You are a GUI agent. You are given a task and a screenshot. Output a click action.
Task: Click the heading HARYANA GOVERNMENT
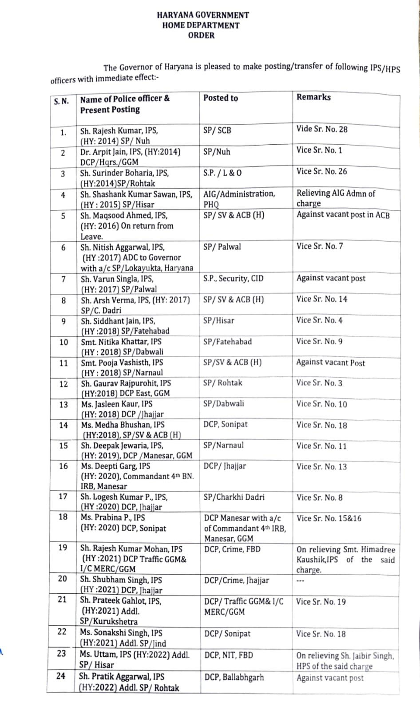coord(203,15)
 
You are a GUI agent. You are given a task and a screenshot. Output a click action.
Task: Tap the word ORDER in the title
coord(201,35)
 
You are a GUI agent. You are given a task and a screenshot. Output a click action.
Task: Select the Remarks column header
coord(313,97)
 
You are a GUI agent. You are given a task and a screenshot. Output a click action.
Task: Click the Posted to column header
coord(221,98)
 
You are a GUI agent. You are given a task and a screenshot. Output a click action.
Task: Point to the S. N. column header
coord(61,101)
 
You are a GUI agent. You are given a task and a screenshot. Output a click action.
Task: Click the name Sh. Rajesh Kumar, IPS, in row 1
coord(119,131)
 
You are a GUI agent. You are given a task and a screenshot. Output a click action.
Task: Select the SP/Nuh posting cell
coord(217,152)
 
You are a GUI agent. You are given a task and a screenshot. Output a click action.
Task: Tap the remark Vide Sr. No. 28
coord(322,129)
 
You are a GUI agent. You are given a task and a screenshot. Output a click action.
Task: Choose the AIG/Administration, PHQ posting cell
coord(239,199)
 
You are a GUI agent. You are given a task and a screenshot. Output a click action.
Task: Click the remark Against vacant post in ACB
coord(343,215)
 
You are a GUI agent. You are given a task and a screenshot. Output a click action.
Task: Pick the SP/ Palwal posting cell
coord(222,247)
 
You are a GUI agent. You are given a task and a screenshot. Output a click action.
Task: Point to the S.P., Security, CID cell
coord(233,279)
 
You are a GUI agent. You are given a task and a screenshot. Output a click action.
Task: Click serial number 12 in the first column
coord(63,384)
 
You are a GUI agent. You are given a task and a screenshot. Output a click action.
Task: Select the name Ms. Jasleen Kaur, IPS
coord(117,404)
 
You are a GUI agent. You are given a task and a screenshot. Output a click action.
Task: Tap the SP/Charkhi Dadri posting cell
coord(234,497)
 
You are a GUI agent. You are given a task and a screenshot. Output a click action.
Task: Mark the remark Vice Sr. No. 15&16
coord(329,518)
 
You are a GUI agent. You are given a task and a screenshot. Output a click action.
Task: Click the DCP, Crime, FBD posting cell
coord(232,549)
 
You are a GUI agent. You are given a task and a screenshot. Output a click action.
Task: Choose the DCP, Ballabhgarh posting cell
coord(234,678)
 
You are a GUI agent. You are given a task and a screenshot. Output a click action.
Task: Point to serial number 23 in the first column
coord(62,654)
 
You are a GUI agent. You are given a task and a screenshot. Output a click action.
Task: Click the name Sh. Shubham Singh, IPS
coord(121,580)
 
